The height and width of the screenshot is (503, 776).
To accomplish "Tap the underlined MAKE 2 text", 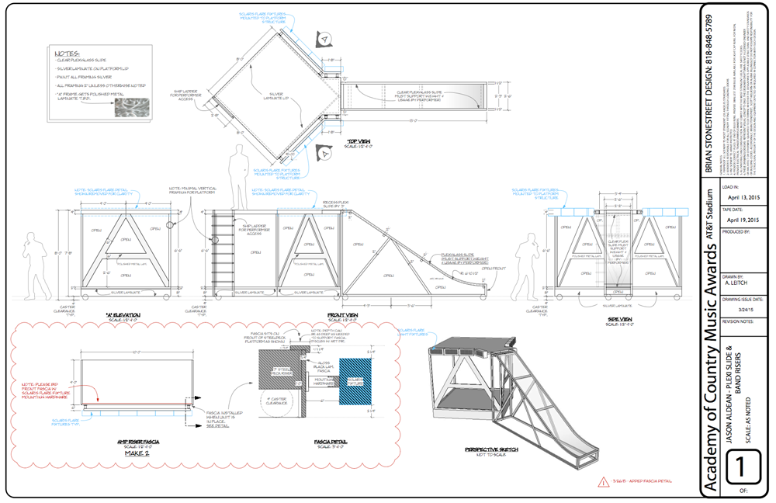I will pyautogui.click(x=137, y=453).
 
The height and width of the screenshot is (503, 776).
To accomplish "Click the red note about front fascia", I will pyautogui.click(x=46, y=387).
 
